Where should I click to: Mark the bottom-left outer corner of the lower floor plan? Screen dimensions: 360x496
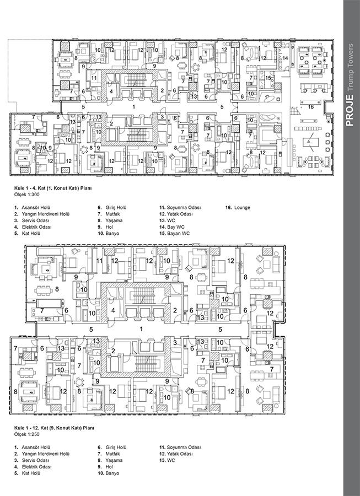tap(10, 414)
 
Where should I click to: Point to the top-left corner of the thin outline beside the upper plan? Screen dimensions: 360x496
tap(8, 39)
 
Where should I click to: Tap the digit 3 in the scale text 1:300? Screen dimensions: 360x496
tap(33, 195)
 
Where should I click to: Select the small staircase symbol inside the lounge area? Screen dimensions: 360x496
tap(295, 111)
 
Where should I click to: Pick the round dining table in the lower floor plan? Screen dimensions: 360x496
tap(78, 382)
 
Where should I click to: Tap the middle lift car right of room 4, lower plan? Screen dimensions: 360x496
tap(144, 311)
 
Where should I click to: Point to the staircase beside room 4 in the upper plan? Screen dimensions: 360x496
tap(136, 80)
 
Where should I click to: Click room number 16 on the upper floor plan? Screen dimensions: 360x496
tap(311, 107)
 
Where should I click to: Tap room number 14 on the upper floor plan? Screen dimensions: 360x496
tap(285, 58)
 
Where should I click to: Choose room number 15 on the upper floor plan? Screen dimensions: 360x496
tap(268, 78)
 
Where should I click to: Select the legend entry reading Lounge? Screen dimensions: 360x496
tap(238, 208)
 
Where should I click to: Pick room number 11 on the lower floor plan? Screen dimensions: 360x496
tap(100, 261)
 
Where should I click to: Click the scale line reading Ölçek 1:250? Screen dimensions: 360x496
tap(27, 434)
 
